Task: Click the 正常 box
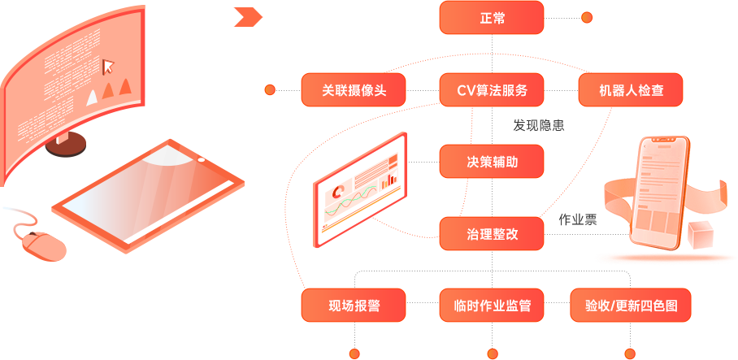click(491, 17)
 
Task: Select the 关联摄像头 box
click(354, 89)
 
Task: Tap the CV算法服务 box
click(491, 89)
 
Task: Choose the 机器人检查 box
click(630, 89)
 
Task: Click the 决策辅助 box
click(491, 162)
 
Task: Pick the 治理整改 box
click(491, 234)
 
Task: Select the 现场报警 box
click(354, 306)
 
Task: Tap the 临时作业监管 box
click(491, 306)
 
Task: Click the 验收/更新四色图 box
click(630, 306)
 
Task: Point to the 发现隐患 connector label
click(538, 126)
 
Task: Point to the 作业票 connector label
click(577, 219)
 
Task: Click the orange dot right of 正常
click(587, 17)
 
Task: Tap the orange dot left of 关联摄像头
click(270, 89)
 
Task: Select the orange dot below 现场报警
click(354, 353)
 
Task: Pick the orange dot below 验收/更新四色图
click(630, 353)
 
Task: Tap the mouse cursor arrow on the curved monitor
click(108, 65)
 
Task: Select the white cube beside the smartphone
click(700, 236)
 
